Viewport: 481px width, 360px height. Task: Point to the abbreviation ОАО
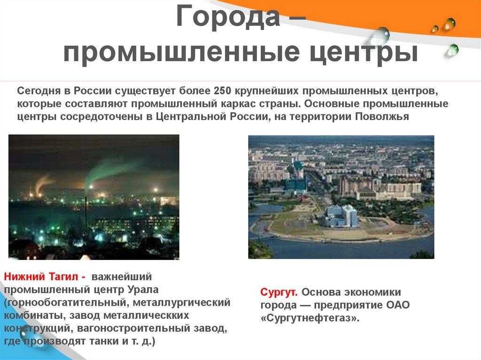[397, 305]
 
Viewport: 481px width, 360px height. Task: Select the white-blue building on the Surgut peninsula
[341, 215]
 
